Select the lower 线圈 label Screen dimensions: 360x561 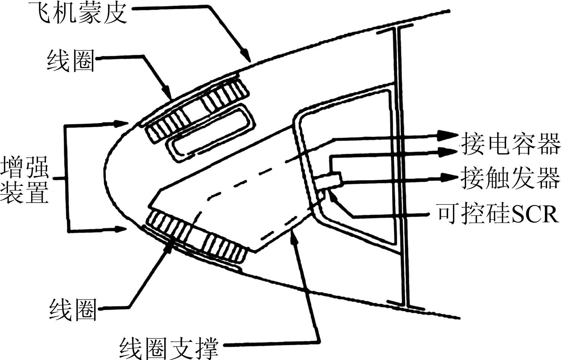coord(72,309)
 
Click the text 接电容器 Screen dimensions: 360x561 coord(511,144)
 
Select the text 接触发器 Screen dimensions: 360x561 coord(511,178)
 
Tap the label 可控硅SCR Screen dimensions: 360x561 coord(498,214)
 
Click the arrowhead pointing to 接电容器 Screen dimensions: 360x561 coord(450,135)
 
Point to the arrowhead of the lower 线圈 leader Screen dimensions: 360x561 coord(168,245)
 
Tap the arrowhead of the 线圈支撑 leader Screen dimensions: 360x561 coord(293,234)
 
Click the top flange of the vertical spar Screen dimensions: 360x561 coord(395,29)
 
